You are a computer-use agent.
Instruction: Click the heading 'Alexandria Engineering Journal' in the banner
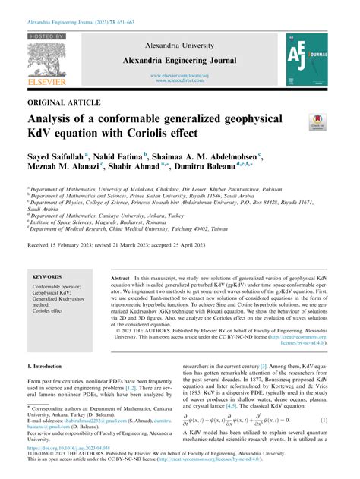point(180,59)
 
